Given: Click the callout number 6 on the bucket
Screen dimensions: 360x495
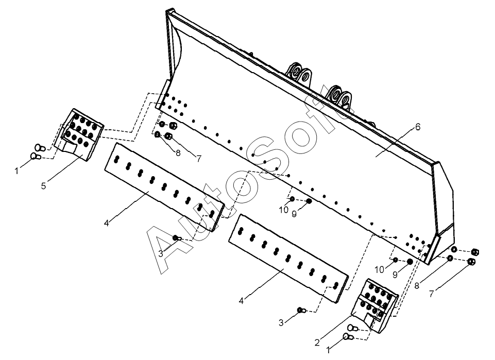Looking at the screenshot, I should (x=418, y=127).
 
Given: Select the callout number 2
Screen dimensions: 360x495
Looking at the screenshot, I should (x=317, y=343).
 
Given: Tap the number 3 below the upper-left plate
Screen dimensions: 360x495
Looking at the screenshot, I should (x=161, y=253).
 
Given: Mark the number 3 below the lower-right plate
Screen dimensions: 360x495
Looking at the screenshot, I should (x=281, y=323).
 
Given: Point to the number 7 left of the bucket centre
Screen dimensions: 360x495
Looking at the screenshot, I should (x=198, y=159).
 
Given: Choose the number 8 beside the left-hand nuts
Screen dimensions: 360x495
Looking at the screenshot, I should (x=178, y=152).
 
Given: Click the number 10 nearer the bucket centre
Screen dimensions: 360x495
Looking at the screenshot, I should (x=284, y=210).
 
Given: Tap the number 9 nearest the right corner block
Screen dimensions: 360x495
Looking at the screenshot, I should (x=396, y=275).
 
